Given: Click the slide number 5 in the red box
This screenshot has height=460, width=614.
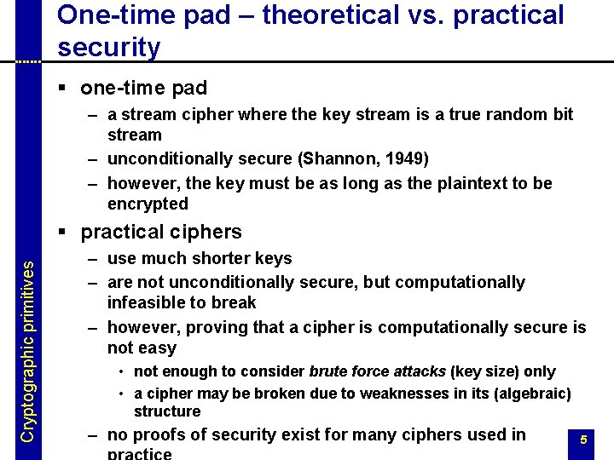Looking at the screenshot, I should (583, 440).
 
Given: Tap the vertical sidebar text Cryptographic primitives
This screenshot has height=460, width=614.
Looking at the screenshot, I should (27, 350).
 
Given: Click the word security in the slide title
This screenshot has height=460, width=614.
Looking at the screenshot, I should (108, 48).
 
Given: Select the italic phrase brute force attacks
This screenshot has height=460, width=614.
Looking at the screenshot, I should (377, 371).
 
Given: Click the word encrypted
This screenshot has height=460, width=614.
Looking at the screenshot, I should (148, 204).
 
